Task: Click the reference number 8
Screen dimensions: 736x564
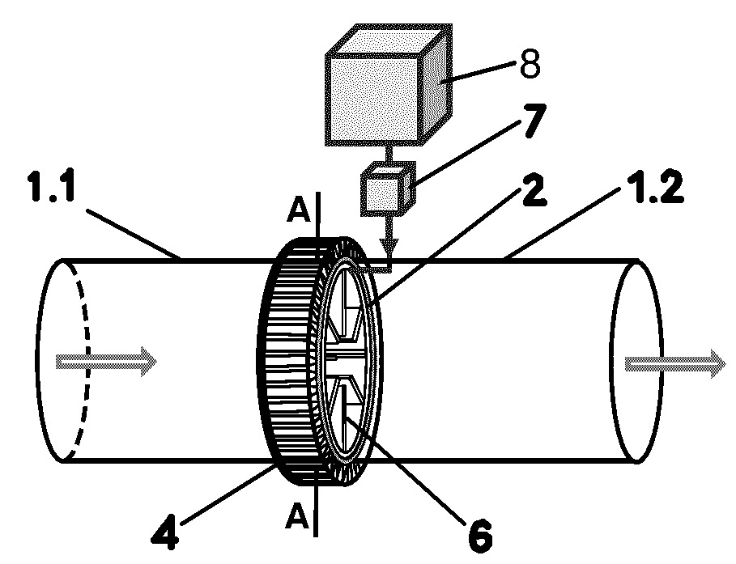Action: tap(530, 63)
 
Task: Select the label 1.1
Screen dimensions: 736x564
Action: tap(52, 186)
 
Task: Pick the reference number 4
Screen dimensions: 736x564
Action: tap(165, 533)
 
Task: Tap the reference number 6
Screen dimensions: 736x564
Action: tap(479, 536)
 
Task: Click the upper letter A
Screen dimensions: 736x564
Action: tap(298, 211)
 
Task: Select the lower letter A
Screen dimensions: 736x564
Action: tap(297, 516)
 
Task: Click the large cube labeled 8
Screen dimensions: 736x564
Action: tap(389, 83)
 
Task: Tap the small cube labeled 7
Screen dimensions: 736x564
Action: tap(388, 189)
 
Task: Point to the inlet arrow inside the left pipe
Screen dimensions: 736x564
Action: tap(106, 362)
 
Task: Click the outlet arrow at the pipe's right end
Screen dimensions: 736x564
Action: tap(675, 363)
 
